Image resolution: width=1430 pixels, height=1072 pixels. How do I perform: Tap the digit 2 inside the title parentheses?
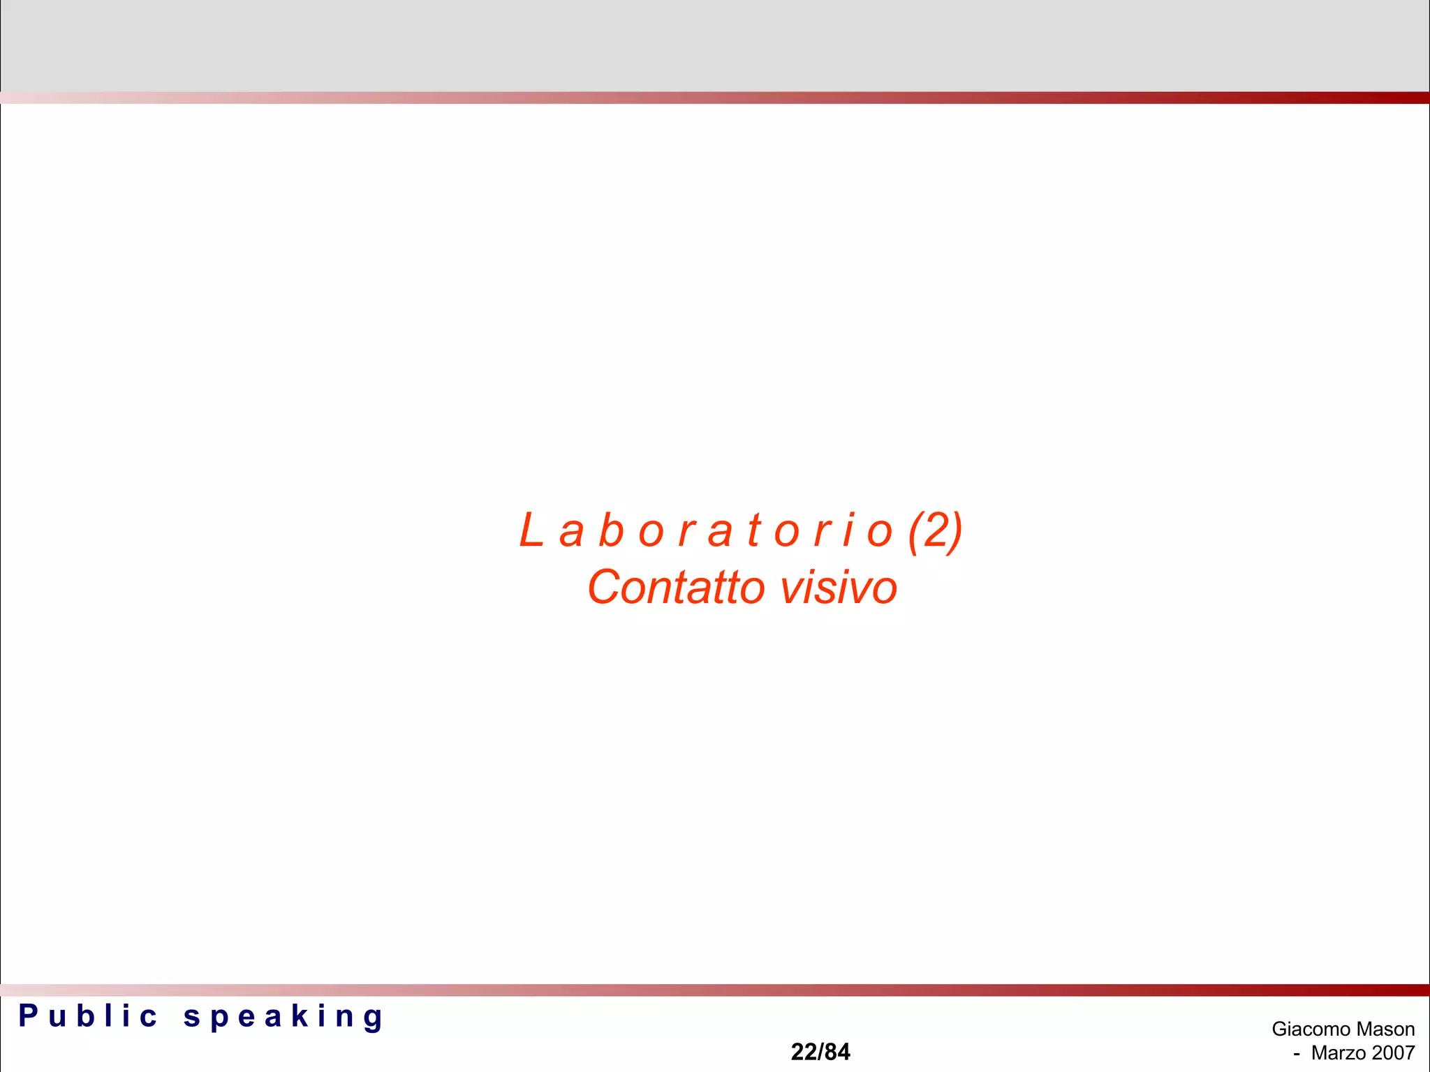pyautogui.click(x=936, y=530)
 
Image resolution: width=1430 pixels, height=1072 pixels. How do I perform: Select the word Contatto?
pyautogui.click(x=676, y=588)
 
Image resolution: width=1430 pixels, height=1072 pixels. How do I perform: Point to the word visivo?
pyautogui.click(x=838, y=588)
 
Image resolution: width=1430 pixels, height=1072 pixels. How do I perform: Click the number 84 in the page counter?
pyautogui.click(x=837, y=1052)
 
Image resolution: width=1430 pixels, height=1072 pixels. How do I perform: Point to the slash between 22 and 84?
pyautogui.click(x=820, y=1052)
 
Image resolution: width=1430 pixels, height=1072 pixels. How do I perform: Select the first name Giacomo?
pyautogui.click(x=1311, y=1029)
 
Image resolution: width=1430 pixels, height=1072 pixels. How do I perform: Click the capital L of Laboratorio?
pyautogui.click(x=531, y=530)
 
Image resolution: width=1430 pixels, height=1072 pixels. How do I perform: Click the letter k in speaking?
pyautogui.click(x=300, y=1016)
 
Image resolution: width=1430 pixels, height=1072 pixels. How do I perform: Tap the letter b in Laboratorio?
pyautogui.click(x=611, y=530)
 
